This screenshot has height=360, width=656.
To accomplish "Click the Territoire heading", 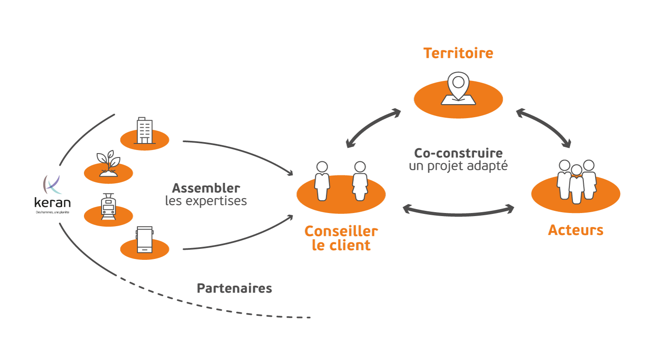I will click(458, 53).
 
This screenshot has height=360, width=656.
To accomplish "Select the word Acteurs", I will click(576, 230).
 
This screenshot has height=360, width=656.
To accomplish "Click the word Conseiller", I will click(341, 231).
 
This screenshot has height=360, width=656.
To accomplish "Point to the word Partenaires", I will click(234, 288).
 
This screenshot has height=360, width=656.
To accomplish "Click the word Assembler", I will click(206, 188).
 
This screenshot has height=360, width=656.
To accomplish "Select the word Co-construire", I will click(458, 153).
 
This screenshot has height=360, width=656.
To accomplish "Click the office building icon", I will click(144, 131).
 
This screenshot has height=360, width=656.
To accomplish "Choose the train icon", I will click(108, 207).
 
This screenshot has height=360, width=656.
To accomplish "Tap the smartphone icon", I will click(145, 240).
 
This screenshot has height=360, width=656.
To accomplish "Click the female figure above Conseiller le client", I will click(360, 181).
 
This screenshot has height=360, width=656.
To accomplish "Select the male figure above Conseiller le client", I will click(322, 181).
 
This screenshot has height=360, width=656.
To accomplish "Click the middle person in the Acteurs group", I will click(576, 184).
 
